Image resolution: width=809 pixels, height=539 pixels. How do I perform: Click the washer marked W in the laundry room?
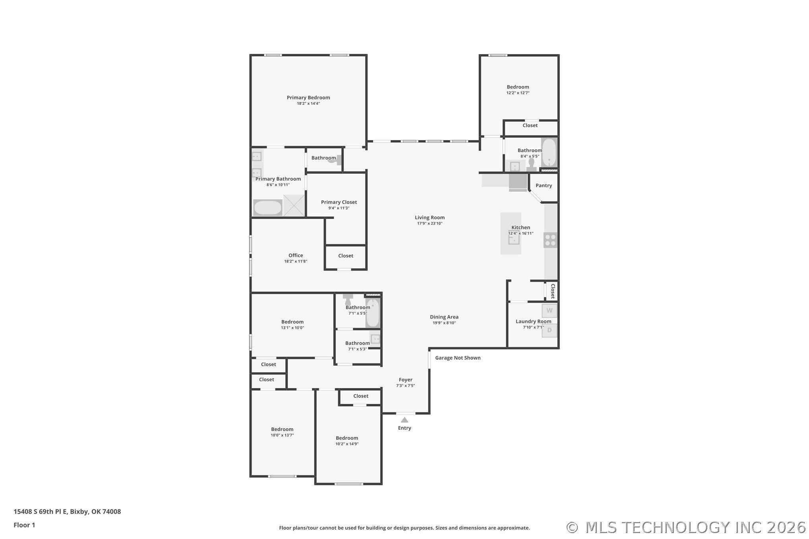pyautogui.click(x=550, y=311)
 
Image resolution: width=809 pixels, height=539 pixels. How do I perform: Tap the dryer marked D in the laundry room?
pyautogui.click(x=550, y=330)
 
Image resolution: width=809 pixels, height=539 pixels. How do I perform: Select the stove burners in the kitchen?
pyautogui.click(x=550, y=240)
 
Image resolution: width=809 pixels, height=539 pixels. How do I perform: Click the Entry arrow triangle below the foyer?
pyautogui.click(x=404, y=420)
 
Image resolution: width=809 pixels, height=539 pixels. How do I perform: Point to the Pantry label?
pyautogui.click(x=544, y=185)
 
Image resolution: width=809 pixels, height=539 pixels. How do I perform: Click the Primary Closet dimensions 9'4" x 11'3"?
pyautogui.click(x=339, y=208)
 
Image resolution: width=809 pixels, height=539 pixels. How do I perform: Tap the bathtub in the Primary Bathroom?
pyautogui.click(x=268, y=207)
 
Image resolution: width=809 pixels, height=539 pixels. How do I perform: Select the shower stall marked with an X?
pyautogui.click(x=294, y=206)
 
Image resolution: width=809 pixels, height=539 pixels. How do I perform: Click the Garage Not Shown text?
pyautogui.click(x=458, y=358)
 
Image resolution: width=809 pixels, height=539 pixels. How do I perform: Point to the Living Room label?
pyautogui.click(x=430, y=217)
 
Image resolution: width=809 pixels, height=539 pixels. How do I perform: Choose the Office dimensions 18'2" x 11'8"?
pyautogui.click(x=296, y=261)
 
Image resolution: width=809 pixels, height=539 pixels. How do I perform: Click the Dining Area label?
pyautogui.click(x=444, y=317)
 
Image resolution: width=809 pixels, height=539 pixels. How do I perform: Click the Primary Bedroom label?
pyautogui.click(x=308, y=98)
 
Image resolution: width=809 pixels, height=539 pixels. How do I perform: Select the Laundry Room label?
pyautogui.click(x=533, y=321)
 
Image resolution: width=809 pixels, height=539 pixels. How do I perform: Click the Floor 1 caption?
pyautogui.click(x=24, y=525)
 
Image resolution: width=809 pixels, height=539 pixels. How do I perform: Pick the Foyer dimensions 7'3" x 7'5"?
pyautogui.click(x=405, y=386)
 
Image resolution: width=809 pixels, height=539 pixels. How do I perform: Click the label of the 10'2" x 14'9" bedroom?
pyautogui.click(x=347, y=438)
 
